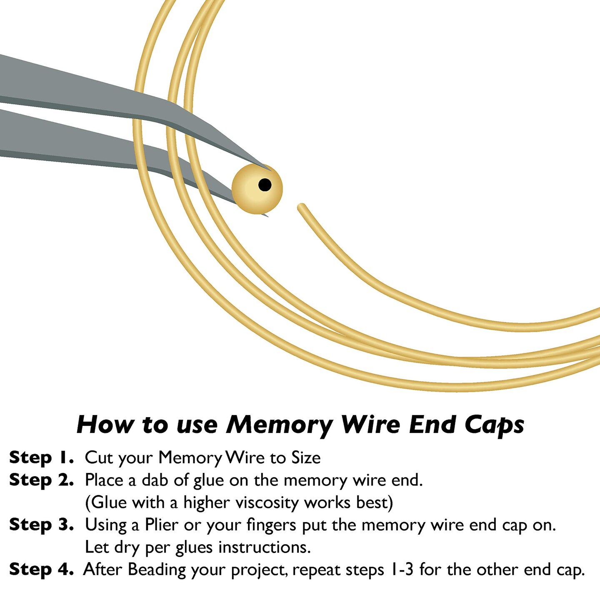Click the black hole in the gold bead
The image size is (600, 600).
[265, 185]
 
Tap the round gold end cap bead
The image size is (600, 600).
[257, 189]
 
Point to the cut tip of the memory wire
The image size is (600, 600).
[301, 206]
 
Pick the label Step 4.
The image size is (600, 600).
[41, 570]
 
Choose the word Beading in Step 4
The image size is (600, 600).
[157, 570]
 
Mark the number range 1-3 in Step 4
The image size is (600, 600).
[401, 570]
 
